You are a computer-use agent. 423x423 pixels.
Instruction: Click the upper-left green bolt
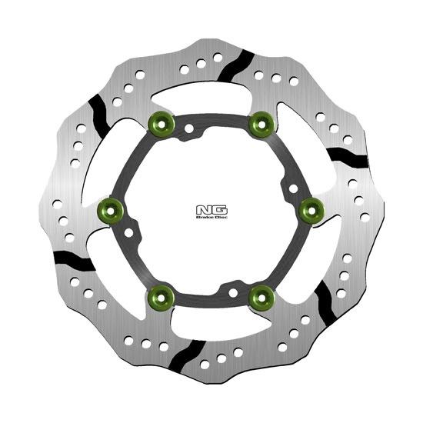(162, 125)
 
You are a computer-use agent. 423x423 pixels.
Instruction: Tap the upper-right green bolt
(261, 125)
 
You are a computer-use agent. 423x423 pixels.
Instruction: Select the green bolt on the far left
(110, 211)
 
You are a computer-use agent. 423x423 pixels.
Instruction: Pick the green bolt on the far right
(311, 211)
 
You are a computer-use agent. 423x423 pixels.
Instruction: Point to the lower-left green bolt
(161, 298)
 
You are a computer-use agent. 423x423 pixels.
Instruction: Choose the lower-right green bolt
(261, 298)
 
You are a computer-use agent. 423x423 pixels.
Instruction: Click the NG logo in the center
(211, 211)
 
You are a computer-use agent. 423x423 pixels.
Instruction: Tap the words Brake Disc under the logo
(211, 217)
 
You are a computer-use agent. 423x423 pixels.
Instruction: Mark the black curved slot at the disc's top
(236, 66)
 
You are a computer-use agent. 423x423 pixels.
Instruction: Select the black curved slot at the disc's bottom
(188, 356)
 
